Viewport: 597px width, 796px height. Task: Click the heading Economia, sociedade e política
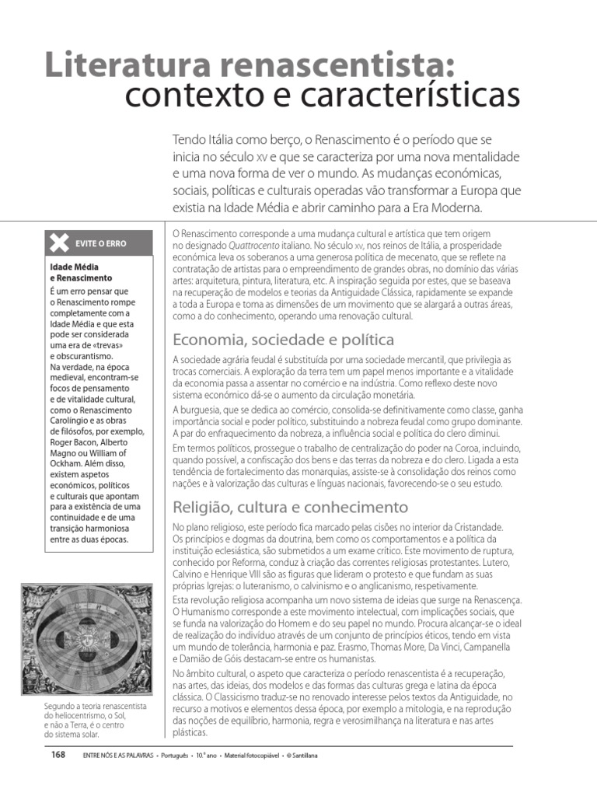point(283,340)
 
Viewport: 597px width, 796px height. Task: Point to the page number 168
point(58,755)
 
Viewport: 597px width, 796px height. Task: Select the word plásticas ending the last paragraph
point(190,732)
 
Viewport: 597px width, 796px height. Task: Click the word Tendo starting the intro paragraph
point(190,139)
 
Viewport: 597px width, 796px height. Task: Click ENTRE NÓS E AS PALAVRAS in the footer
point(117,756)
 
